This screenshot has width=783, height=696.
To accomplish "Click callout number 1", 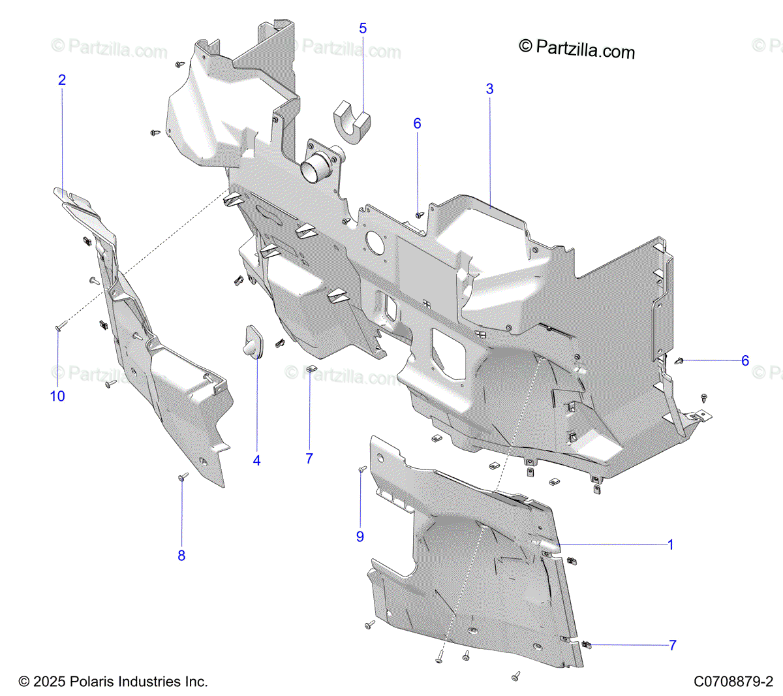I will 670,545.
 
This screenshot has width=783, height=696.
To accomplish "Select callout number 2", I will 62,80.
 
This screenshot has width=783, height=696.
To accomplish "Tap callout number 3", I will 489,89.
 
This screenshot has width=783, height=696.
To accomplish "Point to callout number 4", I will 256,461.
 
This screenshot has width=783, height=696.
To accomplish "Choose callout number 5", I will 363,29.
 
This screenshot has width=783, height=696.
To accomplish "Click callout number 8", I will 181,556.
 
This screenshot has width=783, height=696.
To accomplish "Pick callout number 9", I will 360,537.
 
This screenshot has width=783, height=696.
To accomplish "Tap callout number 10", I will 57,396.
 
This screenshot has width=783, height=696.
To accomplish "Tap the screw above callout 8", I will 183,477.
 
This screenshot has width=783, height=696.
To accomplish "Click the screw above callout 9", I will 361,469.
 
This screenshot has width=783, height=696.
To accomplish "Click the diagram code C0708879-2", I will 733,682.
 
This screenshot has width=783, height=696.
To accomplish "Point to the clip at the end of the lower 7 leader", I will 587,644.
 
